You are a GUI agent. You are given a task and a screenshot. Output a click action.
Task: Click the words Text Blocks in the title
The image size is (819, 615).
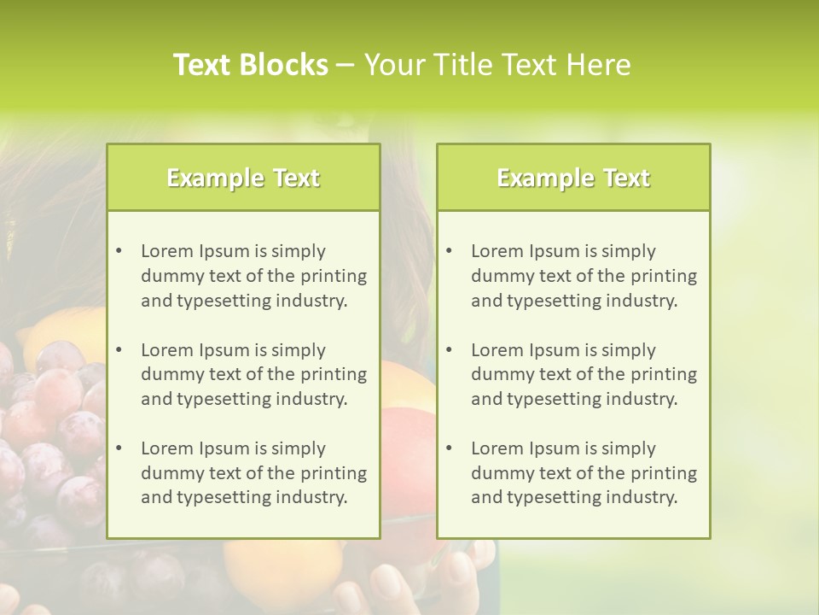250,65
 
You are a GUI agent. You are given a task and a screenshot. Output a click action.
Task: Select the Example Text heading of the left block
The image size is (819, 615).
243,178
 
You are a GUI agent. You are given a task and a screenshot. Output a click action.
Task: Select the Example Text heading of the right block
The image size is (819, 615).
573,178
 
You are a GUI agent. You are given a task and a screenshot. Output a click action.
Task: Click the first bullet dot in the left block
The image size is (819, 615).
119,251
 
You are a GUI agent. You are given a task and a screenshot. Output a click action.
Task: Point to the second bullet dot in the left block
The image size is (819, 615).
119,350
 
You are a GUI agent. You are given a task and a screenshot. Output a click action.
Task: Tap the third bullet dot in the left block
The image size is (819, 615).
119,448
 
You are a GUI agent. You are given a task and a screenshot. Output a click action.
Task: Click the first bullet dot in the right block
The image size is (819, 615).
449,251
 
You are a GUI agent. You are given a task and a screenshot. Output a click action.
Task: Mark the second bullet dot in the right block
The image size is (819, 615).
449,350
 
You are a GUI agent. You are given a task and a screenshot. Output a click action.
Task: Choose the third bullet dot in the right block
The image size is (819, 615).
449,448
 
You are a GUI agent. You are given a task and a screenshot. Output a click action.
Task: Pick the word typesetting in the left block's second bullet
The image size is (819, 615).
224,399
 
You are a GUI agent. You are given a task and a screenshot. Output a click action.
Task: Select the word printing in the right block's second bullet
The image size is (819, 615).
662,374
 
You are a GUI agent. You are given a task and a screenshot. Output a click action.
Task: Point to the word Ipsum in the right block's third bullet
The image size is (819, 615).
555,448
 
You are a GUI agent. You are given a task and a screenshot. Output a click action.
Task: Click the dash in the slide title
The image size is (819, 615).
346,66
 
